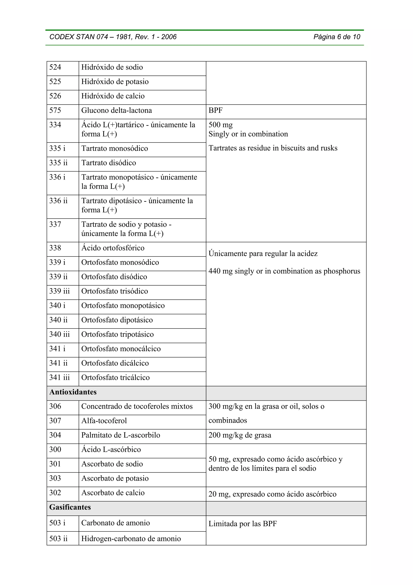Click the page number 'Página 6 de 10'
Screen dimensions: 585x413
337,37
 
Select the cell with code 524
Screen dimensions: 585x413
55,67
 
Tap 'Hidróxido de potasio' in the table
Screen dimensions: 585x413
115,82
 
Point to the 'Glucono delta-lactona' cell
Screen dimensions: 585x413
117,111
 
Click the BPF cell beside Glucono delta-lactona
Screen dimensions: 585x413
216,111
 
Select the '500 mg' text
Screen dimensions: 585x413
220,125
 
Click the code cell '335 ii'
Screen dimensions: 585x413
58,163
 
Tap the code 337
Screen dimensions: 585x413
55,225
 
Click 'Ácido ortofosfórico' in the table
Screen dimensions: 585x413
113,248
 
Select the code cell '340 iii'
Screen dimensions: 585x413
59,334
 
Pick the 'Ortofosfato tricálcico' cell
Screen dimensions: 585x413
115,378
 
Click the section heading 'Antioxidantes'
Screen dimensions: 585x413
73,392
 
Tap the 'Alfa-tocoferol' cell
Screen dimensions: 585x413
104,421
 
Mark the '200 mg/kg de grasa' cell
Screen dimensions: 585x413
240,435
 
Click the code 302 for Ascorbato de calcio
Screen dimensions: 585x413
55,493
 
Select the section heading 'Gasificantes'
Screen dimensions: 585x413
70,507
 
